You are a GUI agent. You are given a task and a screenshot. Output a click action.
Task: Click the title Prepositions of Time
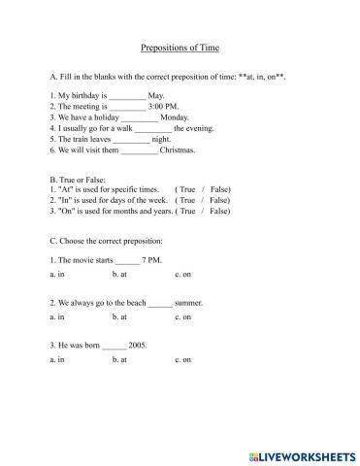(x=180, y=46)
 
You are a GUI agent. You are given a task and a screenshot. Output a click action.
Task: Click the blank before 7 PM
(x=128, y=260)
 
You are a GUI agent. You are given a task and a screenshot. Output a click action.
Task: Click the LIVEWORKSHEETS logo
(x=302, y=452)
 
